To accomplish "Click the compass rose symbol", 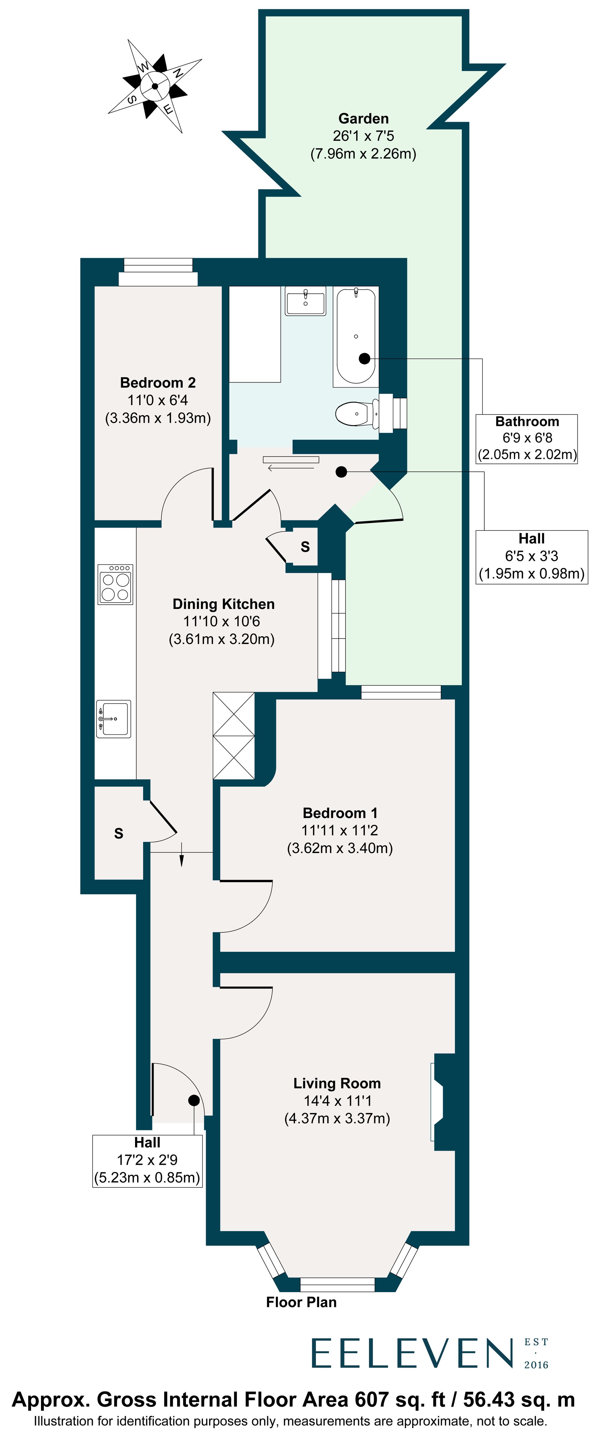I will coord(155,86).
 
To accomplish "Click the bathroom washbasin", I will coord(305,301).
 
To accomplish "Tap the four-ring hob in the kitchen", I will coord(115,584).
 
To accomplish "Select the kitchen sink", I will coord(114,719).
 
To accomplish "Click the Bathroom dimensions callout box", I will coord(527,438).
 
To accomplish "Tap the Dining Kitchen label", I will coord(223,621).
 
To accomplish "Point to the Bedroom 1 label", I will coord(340,830).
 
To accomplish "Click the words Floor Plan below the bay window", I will coord(302,1302).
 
